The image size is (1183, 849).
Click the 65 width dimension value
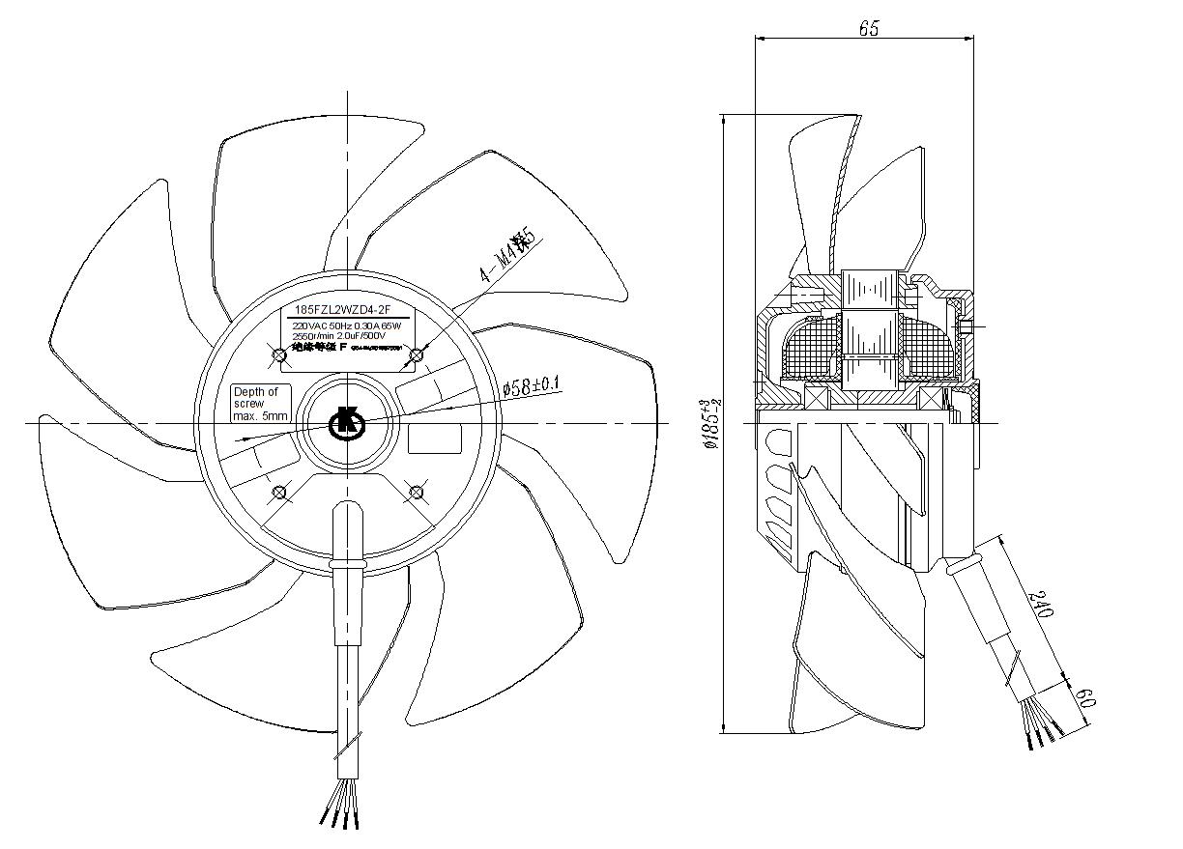868,28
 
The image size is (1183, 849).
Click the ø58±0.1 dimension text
532,386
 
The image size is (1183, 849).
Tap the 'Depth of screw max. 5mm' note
260,404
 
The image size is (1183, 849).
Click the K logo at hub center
346,423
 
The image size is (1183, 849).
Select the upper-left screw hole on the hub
280,356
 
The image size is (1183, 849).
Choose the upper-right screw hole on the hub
418,356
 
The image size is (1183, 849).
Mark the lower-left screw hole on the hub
280,493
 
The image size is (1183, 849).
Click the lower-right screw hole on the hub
418,493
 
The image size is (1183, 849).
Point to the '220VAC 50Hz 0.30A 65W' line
345,326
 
